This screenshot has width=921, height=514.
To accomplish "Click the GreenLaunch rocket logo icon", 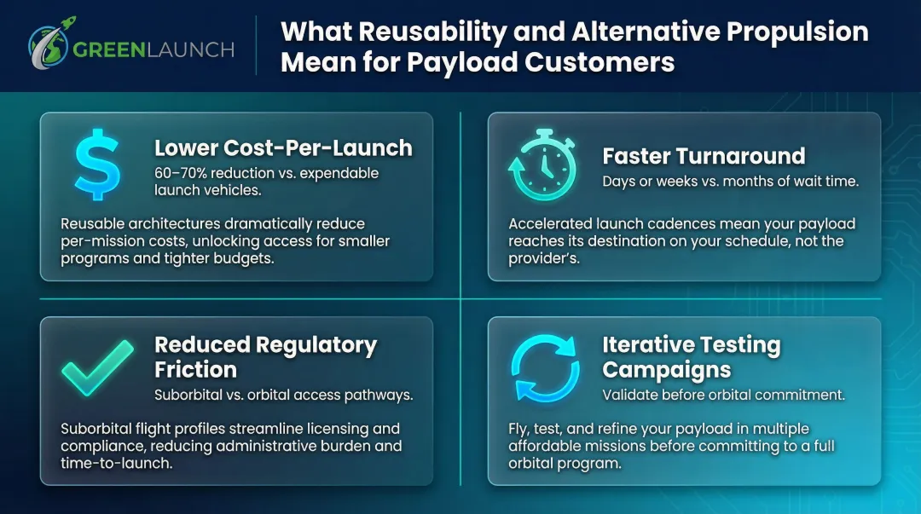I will tap(47, 47).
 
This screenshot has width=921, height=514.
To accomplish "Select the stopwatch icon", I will tap(542, 165).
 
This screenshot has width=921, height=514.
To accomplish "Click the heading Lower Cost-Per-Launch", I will tap(283, 147).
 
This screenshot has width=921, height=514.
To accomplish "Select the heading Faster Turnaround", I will tap(704, 156).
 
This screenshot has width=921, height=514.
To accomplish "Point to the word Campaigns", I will tap(666, 370).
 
